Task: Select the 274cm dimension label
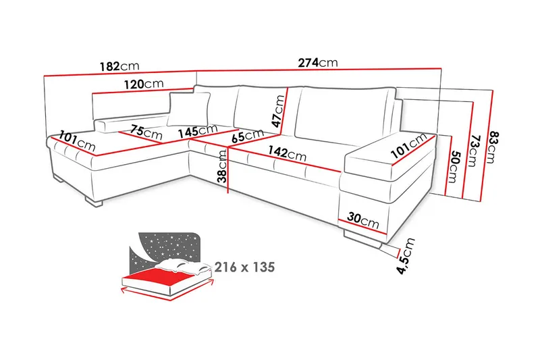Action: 318,63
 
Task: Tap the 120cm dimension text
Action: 143,84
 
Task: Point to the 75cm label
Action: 147,133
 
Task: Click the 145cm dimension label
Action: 197,130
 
